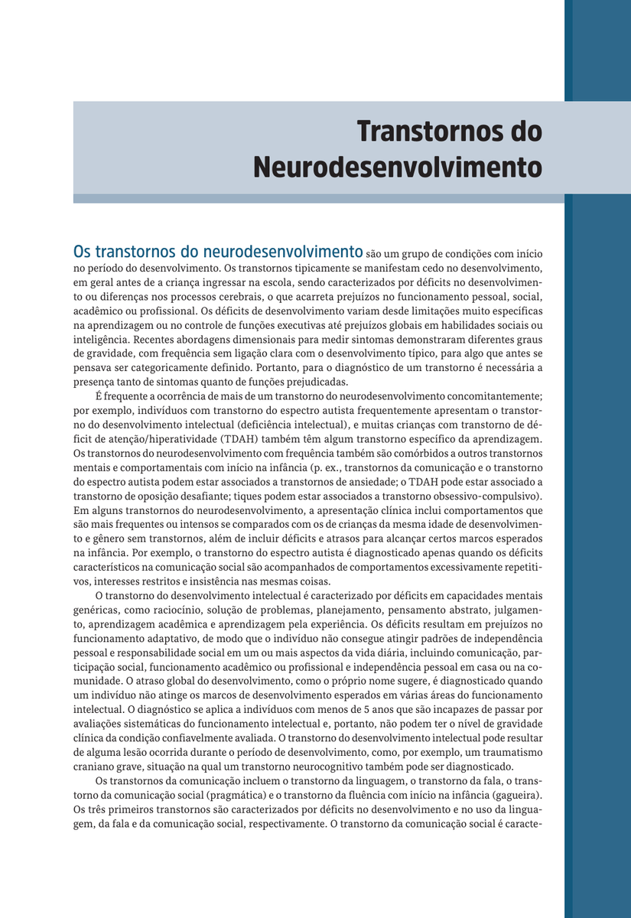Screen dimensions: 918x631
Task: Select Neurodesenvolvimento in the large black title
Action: coord(398,166)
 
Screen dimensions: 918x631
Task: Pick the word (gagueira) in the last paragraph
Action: coord(514,796)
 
